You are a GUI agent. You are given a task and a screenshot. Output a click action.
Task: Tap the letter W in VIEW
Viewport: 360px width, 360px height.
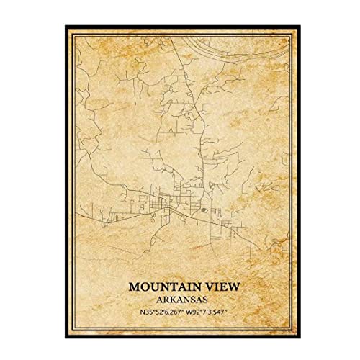coord(227,286)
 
